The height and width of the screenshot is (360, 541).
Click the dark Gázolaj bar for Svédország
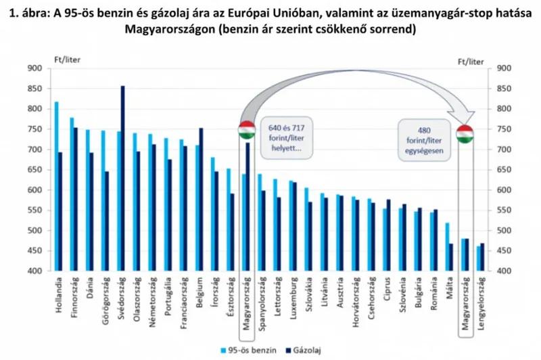(x=123, y=179)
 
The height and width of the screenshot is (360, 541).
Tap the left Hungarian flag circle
(x=248, y=131)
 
